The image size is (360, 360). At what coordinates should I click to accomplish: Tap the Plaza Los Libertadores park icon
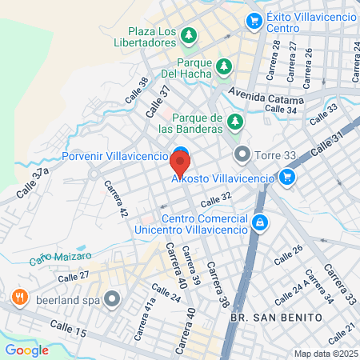click(x=189, y=35)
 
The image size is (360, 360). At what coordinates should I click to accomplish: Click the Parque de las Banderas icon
click(x=235, y=121)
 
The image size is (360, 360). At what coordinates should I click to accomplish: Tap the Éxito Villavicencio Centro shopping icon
click(x=254, y=20)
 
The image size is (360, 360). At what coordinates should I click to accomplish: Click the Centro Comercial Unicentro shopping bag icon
click(x=258, y=222)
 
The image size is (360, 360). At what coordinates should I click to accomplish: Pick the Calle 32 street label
click(x=216, y=201)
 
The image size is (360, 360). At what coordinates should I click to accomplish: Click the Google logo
click(x=26, y=350)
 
